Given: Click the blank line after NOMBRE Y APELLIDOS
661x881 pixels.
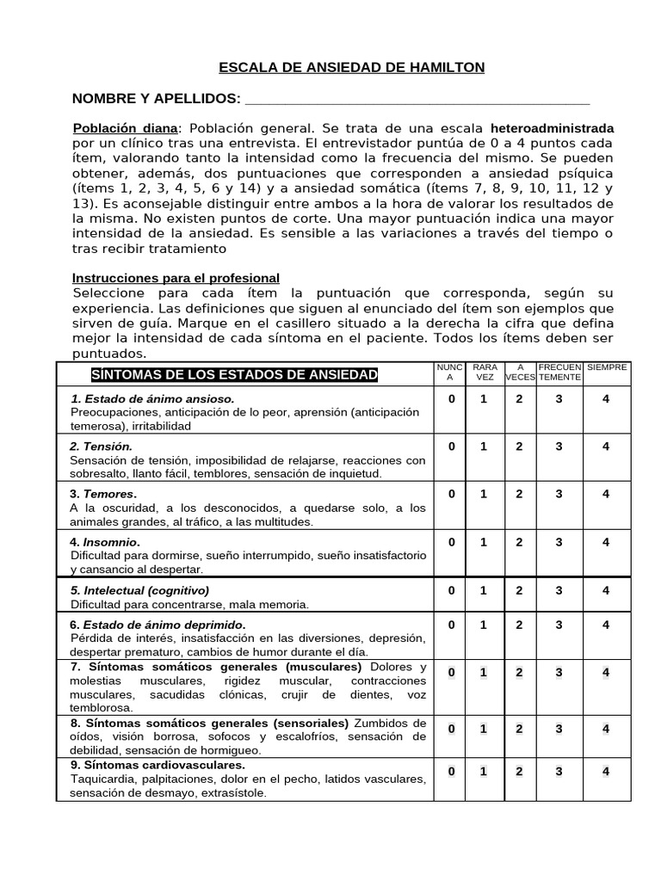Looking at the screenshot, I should (x=417, y=99).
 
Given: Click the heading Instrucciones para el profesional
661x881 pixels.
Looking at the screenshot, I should (x=176, y=278).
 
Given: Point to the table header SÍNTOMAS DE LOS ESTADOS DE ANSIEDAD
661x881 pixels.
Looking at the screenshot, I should (x=234, y=374).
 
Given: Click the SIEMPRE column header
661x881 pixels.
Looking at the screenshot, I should (x=607, y=367).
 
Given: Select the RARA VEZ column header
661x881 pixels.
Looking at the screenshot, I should (x=485, y=372).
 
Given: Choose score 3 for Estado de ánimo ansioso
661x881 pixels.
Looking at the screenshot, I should (x=559, y=398).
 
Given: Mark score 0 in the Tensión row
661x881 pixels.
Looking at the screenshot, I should (x=452, y=446).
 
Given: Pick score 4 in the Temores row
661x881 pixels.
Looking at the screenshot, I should (x=606, y=494).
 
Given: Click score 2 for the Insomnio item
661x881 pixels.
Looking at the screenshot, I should (x=519, y=542).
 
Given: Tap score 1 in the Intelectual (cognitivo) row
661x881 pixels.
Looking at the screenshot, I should (x=484, y=590).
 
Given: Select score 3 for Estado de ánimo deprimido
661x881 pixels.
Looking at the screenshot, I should (x=559, y=625).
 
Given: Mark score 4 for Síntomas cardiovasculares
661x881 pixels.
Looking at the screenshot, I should (x=606, y=771).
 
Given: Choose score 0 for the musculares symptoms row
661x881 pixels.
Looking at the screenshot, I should (x=452, y=672).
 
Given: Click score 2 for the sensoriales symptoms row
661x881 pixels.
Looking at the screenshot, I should (x=519, y=729).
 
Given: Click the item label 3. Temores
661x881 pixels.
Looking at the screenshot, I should (x=103, y=494).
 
